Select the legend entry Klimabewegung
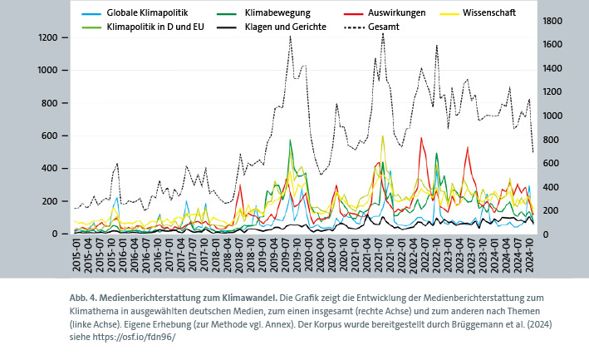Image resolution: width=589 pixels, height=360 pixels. point(277,13)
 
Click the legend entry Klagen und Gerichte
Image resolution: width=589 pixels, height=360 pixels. point(285,27)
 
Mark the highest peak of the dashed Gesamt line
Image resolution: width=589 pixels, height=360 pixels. point(382,33)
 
